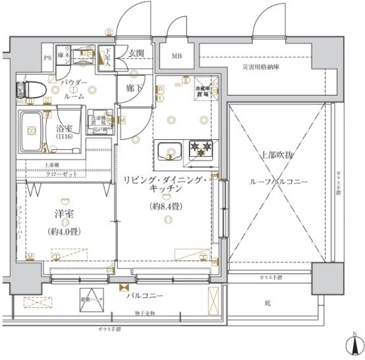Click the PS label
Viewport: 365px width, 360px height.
47,58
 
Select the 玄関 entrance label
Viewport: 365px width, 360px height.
136,53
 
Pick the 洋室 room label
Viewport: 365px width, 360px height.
65,214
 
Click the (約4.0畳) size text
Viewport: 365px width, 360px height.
65,231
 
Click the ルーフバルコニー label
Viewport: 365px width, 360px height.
272,183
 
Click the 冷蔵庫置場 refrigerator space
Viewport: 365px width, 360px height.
206,92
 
